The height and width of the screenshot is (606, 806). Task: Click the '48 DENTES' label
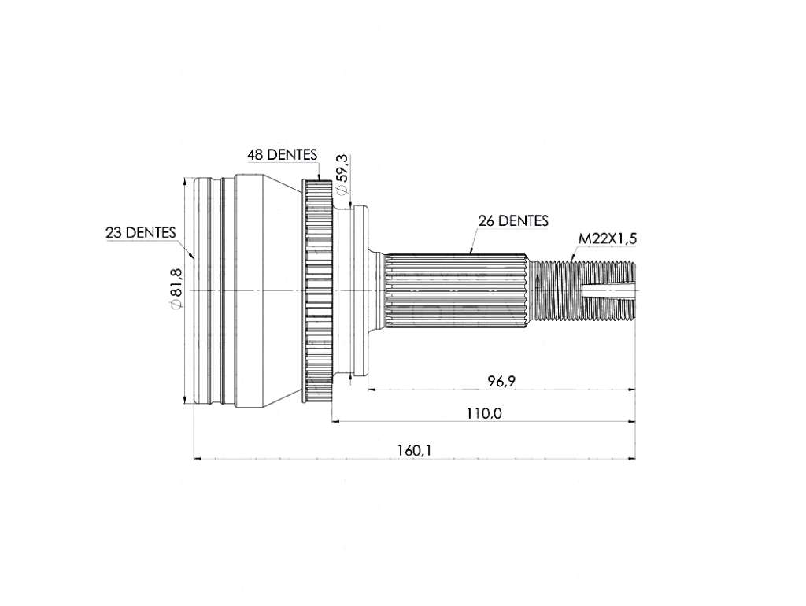[x=282, y=153]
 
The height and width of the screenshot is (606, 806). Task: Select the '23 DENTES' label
[x=140, y=232]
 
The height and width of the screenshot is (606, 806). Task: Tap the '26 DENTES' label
[x=513, y=220]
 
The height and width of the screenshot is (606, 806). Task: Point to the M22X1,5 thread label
[x=608, y=238]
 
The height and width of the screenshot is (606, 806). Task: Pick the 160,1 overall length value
[x=414, y=450]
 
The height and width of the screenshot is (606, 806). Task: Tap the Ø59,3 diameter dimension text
[x=342, y=174]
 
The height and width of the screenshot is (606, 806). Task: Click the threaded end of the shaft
[x=585, y=291]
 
